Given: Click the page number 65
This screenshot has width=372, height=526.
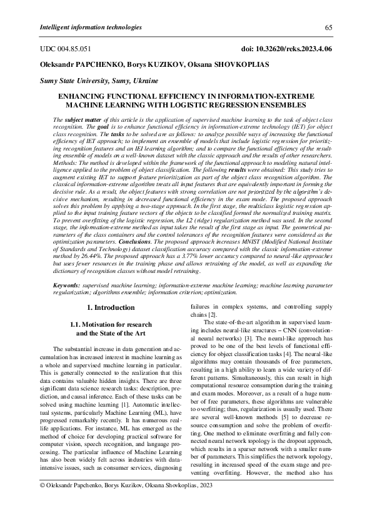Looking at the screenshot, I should pos(328,27).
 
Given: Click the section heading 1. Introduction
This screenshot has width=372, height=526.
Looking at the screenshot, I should pos(110,307).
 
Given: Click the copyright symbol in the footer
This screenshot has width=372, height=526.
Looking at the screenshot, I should pos(42,502).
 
